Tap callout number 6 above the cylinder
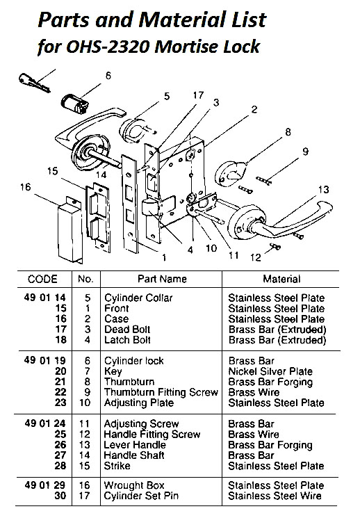click(108, 75)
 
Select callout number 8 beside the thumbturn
click(287, 131)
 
